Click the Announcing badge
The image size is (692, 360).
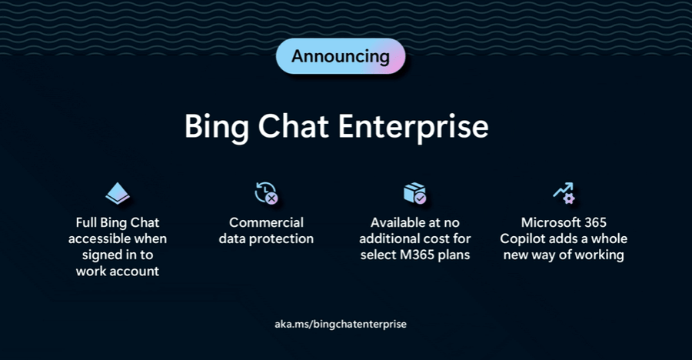pyautogui.click(x=341, y=56)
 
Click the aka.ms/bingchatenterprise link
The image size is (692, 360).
pyautogui.click(x=341, y=324)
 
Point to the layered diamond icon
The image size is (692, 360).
pyautogui.click(x=118, y=194)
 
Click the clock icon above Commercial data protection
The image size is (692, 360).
pyautogui.click(x=266, y=193)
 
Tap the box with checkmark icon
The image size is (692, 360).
pyautogui.click(x=415, y=193)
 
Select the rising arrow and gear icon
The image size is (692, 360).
pyautogui.click(x=564, y=193)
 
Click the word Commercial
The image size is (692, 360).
pyautogui.click(x=266, y=222)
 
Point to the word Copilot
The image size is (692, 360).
pyautogui.click(x=528, y=238)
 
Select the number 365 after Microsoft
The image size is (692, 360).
pyautogui.click(x=594, y=222)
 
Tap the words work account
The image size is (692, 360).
pyautogui.click(x=118, y=272)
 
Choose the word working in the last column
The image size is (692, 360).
pyautogui.click(x=600, y=255)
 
